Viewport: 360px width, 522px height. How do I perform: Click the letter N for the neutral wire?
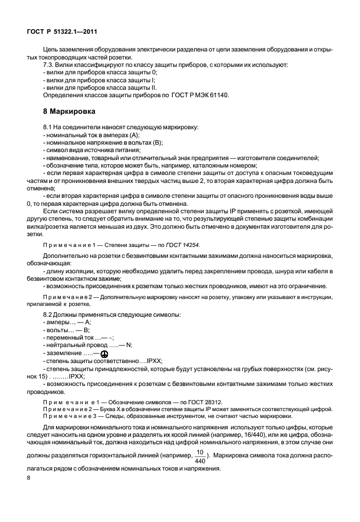pos(129,345)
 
